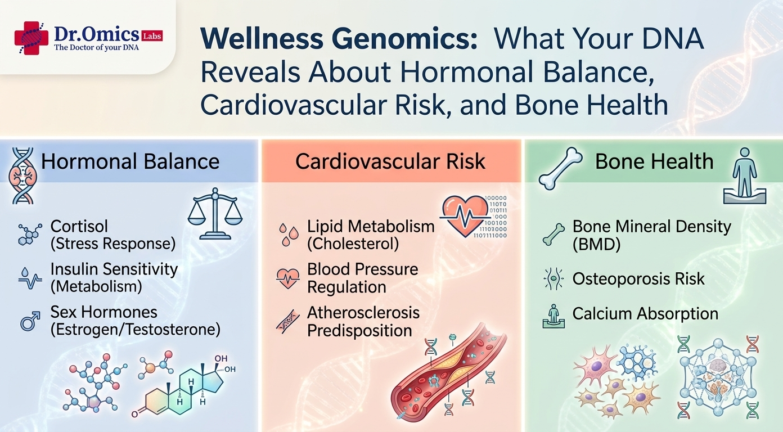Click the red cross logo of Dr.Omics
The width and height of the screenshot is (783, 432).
click(31, 38)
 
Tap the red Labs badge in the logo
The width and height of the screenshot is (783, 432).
click(152, 36)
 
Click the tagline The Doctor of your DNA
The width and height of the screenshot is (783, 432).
click(97, 48)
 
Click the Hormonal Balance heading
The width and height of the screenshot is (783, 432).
click(130, 161)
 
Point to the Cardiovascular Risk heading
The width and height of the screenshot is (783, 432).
click(390, 161)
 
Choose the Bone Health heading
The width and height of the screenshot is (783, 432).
click(654, 161)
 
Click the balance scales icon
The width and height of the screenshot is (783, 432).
click(215, 214)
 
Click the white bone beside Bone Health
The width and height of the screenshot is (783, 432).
click(560, 168)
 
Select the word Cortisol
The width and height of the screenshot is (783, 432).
click(79, 227)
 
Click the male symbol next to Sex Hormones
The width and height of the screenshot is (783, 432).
click(30, 321)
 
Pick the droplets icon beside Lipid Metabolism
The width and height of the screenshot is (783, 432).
click(289, 235)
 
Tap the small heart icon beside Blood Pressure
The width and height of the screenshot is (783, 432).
click(287, 278)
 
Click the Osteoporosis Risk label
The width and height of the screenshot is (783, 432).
click(638, 279)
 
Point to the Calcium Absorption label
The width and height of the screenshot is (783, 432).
click(645, 313)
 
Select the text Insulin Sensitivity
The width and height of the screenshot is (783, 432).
click(114, 269)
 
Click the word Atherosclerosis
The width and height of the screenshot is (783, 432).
click(363, 312)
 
